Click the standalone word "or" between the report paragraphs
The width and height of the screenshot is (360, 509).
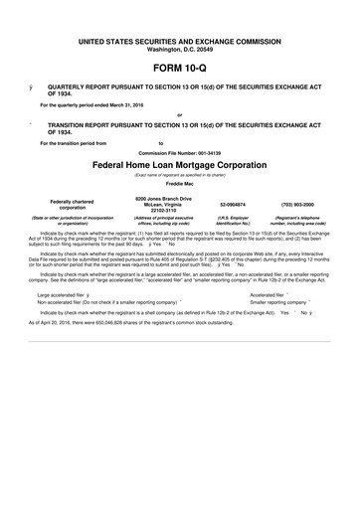click(x=179, y=114)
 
